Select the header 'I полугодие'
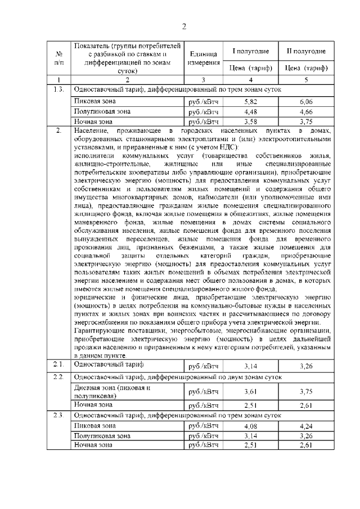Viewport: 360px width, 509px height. point(251,51)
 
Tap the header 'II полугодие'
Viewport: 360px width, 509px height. point(306,51)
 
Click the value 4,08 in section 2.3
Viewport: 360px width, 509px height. point(251,426)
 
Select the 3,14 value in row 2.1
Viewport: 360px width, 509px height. point(251,366)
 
